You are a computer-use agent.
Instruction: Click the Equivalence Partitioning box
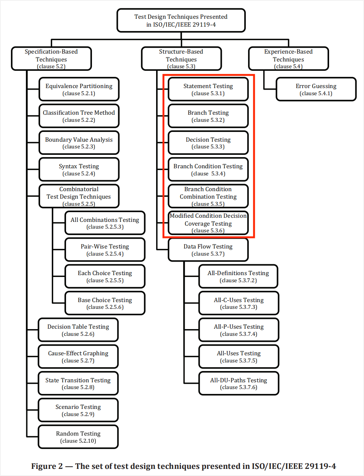(x=79, y=89)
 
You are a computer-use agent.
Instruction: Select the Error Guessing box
(x=316, y=89)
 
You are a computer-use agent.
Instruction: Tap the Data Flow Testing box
(x=208, y=250)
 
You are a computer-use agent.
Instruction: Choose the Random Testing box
(x=78, y=437)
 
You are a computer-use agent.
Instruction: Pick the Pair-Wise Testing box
(x=105, y=250)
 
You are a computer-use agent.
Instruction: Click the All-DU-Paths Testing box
(x=239, y=383)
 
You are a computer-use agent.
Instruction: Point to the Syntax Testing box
(x=79, y=169)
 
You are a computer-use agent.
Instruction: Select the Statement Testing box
(x=208, y=89)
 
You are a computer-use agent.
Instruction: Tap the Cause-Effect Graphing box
(x=78, y=356)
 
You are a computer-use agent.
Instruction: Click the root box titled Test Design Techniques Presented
(x=181, y=20)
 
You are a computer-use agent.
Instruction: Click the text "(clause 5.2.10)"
(x=78, y=441)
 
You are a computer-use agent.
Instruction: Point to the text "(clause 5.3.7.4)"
(x=239, y=334)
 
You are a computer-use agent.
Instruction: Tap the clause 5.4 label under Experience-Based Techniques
(x=288, y=66)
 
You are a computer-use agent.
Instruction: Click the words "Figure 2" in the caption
(x=47, y=466)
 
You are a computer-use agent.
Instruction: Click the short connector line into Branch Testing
(x=162, y=116)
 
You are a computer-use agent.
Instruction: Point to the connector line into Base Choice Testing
(x=59, y=303)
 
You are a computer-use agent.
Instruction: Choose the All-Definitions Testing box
(x=238, y=276)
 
